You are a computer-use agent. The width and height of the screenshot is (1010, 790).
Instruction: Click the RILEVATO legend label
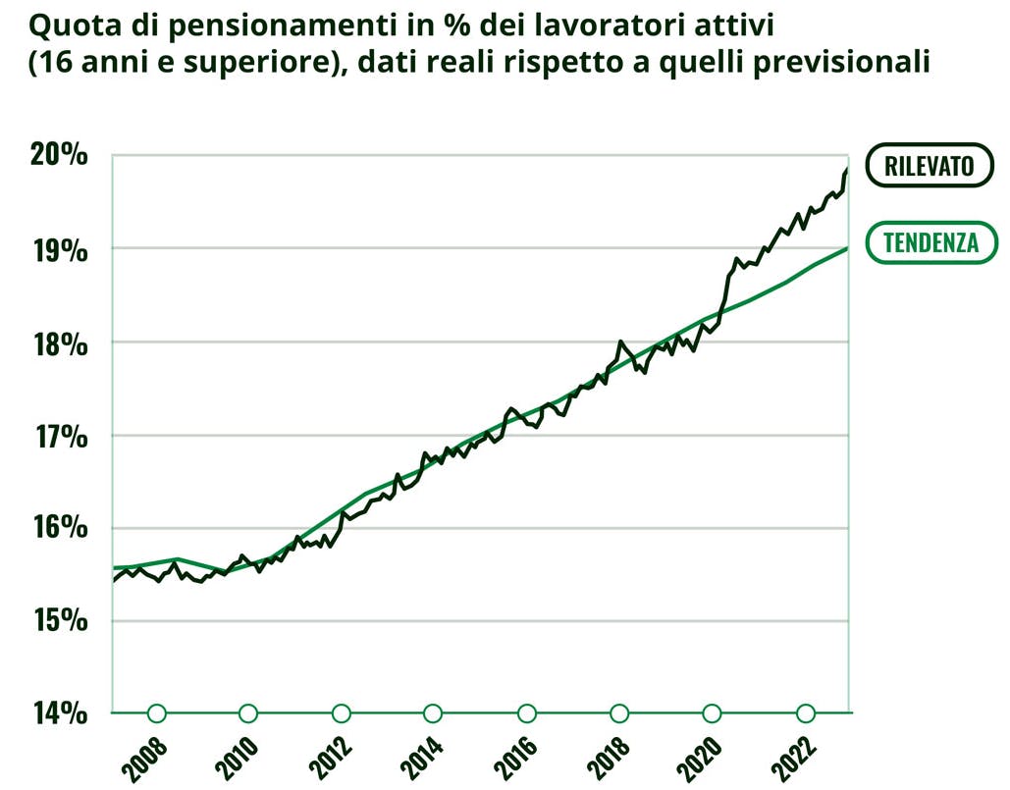pos(929,166)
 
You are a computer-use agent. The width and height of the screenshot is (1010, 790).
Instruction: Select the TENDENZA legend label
pos(930,242)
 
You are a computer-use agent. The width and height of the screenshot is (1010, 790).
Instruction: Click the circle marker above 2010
pos(248,713)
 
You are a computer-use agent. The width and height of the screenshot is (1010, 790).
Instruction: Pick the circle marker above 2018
pos(619,713)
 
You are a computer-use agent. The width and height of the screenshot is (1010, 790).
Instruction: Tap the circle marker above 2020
pos(713,713)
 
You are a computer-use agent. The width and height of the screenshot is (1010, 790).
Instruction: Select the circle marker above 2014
pos(433,713)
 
